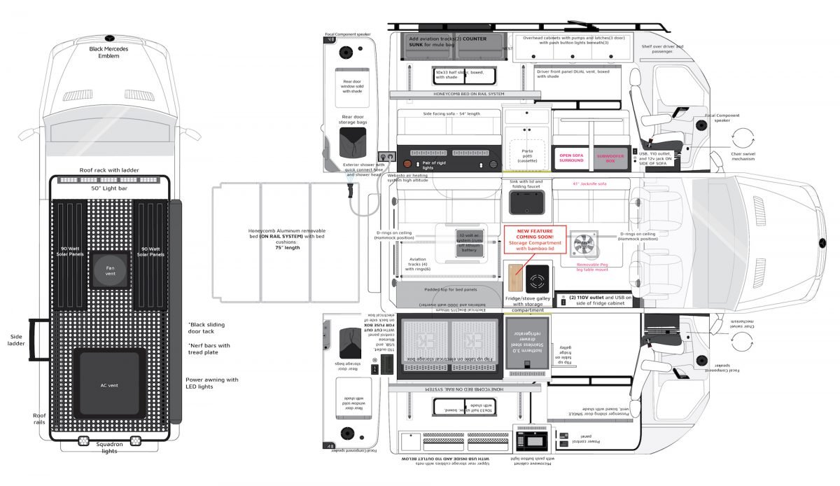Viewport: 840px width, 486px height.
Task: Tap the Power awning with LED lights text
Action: [211, 384]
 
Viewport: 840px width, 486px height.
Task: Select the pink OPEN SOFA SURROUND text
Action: [571, 158]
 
